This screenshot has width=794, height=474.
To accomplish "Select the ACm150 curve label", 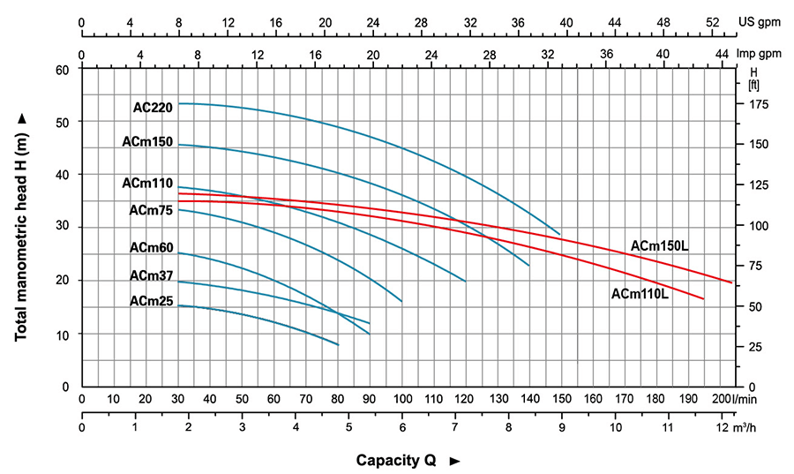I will [x=147, y=142].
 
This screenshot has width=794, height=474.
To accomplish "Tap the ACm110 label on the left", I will [x=147, y=184].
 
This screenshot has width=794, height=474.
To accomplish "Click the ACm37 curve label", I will [x=150, y=276].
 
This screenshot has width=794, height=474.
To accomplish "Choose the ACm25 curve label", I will [x=150, y=301].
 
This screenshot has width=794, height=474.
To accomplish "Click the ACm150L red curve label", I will [x=659, y=245].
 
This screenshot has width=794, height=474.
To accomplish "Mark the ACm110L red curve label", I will [x=640, y=293].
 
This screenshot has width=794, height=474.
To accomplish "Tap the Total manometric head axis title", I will [x=22, y=228].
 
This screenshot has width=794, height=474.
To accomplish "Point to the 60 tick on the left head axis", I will [x=62, y=69].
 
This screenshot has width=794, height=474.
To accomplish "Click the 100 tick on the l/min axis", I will [x=402, y=399].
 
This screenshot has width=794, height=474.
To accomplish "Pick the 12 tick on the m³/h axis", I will [x=723, y=428].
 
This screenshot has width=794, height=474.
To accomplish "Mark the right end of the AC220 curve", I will [x=560, y=234].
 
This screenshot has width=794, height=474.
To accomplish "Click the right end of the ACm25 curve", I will [x=338, y=344].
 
